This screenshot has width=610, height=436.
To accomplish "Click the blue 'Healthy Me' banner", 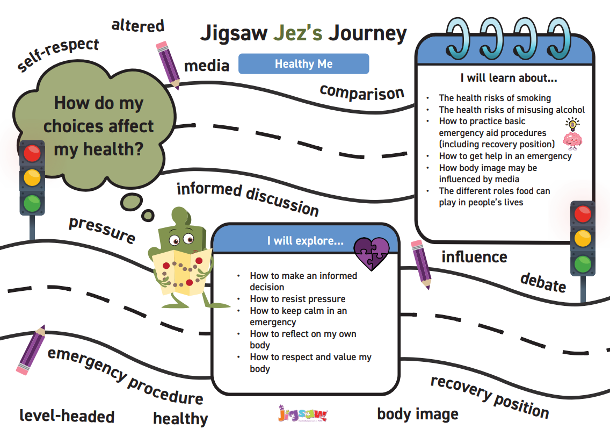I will [303, 64].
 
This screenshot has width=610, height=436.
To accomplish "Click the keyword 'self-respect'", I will [58, 54].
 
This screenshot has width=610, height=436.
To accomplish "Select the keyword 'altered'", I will [137, 25].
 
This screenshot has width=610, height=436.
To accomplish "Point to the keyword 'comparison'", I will [361, 92].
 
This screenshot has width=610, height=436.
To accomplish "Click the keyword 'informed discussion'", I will [248, 198].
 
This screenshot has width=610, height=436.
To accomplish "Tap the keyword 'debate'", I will [543, 282].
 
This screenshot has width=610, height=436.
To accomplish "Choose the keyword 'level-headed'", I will [67, 416].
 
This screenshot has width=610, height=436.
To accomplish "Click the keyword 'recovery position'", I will [489, 397].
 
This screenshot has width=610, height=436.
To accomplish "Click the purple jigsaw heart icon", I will [372, 253].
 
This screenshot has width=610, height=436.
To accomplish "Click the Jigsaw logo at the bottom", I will [303, 414].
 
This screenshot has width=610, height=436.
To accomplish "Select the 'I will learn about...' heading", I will [509, 77].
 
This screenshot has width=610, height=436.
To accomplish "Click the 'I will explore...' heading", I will [305, 240].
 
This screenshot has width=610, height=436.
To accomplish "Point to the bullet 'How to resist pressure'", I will [297, 299].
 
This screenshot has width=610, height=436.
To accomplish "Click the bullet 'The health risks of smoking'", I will [495, 98].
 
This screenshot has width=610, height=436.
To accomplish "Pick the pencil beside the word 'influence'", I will [420, 264].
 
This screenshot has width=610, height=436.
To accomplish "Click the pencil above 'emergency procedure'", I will [32, 350].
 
